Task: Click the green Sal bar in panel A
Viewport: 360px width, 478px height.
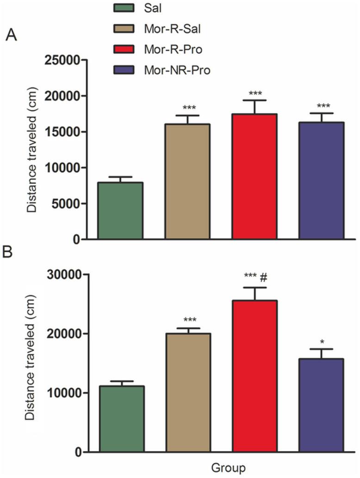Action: tap(120, 211)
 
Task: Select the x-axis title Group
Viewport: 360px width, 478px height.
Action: tap(226, 466)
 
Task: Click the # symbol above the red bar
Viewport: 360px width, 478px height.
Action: tap(263, 277)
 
